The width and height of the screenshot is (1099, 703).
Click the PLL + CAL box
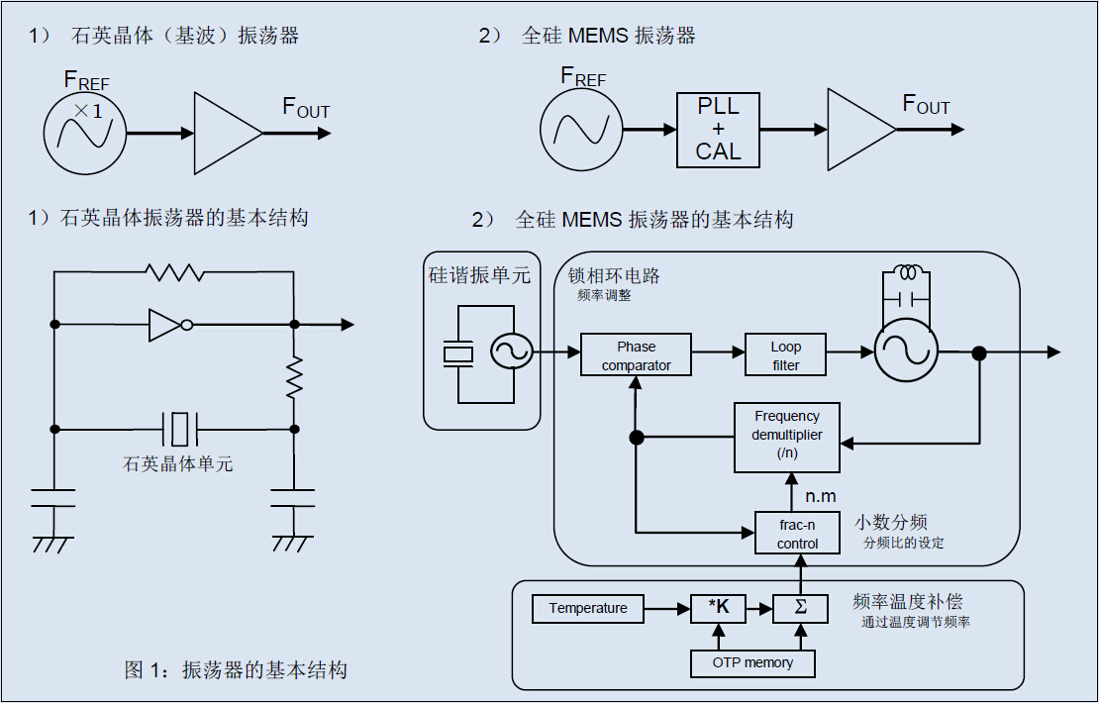click(x=718, y=130)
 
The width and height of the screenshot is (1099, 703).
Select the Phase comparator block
click(x=637, y=355)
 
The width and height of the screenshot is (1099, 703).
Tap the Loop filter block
click(x=785, y=355)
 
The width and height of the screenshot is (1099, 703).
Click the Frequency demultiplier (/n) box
click(x=787, y=436)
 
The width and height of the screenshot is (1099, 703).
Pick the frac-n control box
click(x=797, y=535)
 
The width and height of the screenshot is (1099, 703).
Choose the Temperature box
click(x=588, y=608)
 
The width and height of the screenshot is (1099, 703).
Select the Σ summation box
click(x=800, y=608)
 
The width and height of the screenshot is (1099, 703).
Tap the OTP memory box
click(x=752, y=662)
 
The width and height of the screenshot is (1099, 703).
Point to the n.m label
click(x=822, y=494)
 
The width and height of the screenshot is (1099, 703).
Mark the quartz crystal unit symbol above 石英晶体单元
click(x=179, y=429)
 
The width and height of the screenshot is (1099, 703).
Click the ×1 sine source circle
click(x=85, y=131)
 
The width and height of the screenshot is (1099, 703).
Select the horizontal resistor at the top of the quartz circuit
click(x=174, y=271)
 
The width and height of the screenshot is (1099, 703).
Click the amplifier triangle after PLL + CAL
click(x=857, y=130)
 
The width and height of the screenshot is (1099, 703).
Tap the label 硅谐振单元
click(x=480, y=274)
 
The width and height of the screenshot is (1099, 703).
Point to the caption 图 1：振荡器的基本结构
click(x=236, y=669)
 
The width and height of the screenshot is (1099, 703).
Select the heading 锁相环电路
click(x=614, y=275)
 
